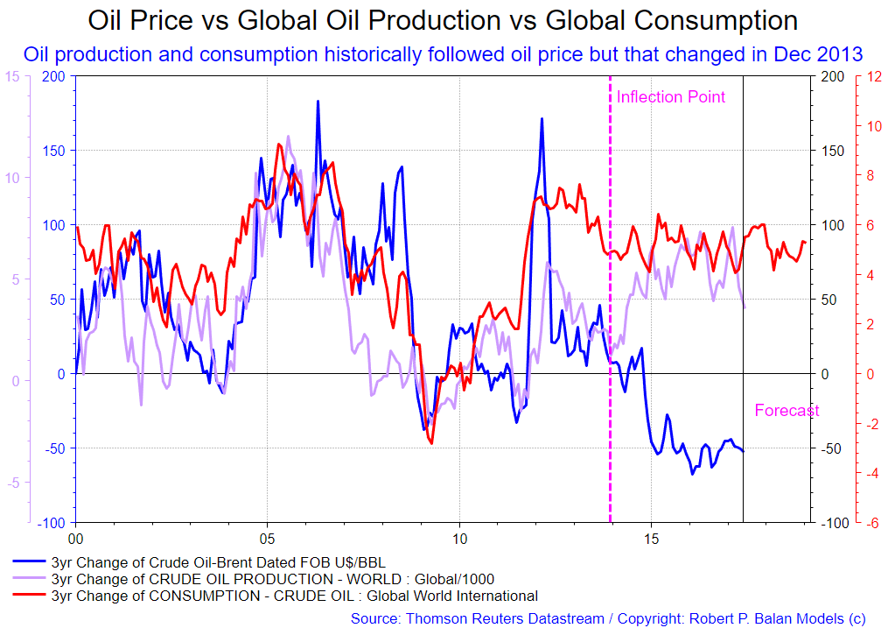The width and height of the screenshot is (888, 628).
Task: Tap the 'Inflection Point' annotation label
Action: [671, 97]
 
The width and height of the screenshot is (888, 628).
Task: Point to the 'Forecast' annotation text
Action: [787, 411]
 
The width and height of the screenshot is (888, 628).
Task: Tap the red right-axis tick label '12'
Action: [872, 76]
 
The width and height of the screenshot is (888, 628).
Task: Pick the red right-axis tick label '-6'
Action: [872, 522]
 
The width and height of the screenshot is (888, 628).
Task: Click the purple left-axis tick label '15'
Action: [12, 76]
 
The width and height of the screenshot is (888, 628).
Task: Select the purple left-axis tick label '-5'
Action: [12, 483]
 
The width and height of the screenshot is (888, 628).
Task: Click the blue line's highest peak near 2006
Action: [318, 102]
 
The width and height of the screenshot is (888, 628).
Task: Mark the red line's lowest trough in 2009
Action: [431, 442]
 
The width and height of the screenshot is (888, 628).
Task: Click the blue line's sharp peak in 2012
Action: [542, 119]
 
